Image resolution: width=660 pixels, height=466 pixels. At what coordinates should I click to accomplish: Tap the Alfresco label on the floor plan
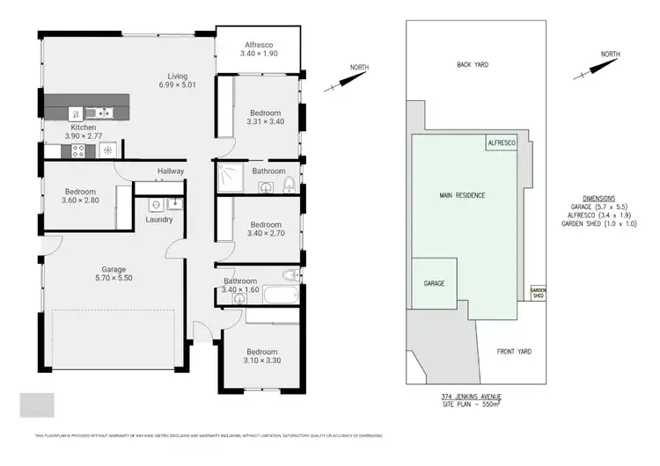tap(260, 44)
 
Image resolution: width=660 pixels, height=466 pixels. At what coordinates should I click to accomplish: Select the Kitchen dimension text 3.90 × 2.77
tap(84, 137)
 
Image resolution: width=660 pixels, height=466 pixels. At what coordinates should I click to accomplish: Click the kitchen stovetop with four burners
tap(77, 150)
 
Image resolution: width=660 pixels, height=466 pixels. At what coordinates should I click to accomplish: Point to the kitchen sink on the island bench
tap(101, 113)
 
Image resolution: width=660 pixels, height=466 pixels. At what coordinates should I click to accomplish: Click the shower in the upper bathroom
tap(230, 178)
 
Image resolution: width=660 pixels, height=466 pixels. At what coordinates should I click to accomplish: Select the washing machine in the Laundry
tap(155, 204)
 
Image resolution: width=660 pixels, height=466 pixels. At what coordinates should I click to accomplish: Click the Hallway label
tap(171, 171)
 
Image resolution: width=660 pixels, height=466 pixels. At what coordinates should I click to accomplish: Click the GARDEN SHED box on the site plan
tap(537, 293)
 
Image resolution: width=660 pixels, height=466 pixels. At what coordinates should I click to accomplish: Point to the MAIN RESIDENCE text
tap(463, 194)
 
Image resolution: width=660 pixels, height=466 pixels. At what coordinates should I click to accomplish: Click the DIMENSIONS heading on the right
tap(599, 199)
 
